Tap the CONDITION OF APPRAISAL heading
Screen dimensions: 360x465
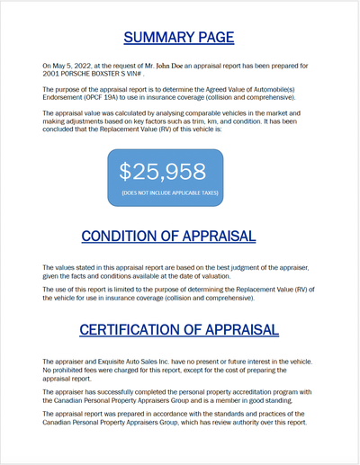[x=168, y=236]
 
